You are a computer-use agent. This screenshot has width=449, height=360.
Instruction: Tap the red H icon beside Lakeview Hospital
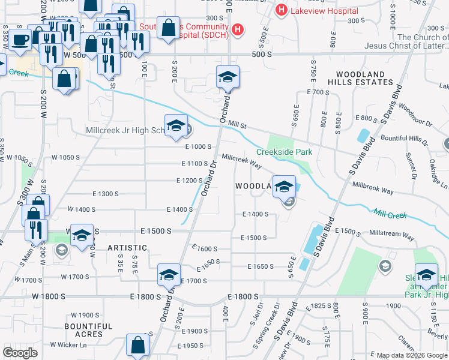pos(280,10)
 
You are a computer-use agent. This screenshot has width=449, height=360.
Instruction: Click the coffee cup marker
pos(20,40)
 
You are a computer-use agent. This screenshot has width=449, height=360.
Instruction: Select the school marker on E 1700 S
pos(169,275)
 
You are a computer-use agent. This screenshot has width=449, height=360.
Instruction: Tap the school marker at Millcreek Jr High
pos(176,127)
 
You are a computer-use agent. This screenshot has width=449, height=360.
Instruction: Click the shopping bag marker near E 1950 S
pos(138,346)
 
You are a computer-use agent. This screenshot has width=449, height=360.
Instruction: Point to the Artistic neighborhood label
pos(127,247)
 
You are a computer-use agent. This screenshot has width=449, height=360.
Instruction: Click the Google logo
pos(20,353)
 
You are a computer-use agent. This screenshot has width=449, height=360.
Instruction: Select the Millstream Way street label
pos(392,235)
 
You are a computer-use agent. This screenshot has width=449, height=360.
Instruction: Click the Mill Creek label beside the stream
pos(390,213)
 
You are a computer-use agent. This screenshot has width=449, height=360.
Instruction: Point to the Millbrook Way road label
pos(373,188)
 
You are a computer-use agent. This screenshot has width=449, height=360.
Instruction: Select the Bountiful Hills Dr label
pos(406,139)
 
